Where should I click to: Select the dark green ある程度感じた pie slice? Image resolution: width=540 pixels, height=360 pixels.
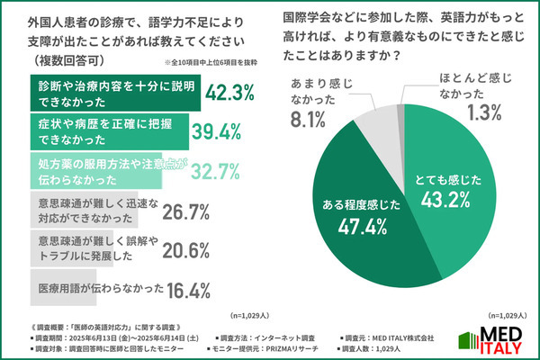pyautogui.click(x=360, y=234)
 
